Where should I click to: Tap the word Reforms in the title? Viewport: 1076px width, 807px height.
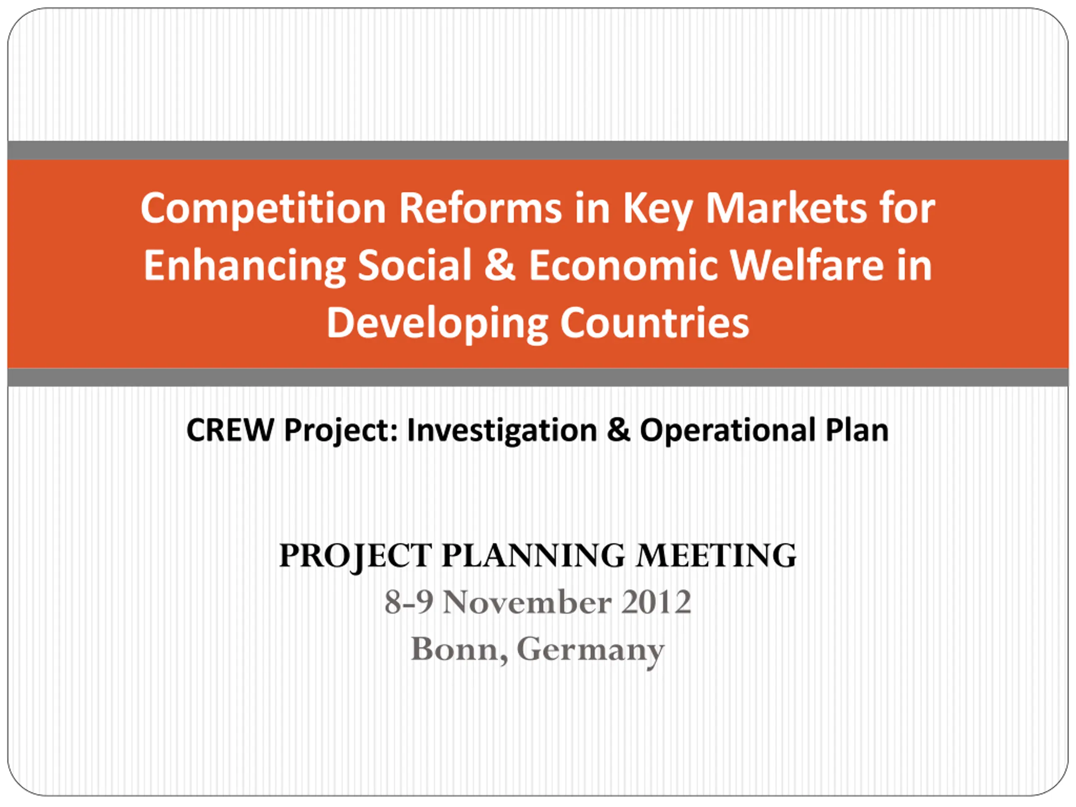480,208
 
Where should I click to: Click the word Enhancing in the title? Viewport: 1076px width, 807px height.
244,266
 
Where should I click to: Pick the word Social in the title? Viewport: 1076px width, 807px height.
414,266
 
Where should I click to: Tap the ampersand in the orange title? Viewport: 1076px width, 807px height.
500,266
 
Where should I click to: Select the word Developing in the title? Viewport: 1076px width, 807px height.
437,324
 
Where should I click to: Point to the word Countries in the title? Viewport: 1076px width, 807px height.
655,323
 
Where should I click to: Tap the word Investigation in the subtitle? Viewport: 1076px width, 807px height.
501,432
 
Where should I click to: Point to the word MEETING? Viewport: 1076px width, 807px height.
717,556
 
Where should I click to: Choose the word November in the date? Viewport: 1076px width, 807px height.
527,602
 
